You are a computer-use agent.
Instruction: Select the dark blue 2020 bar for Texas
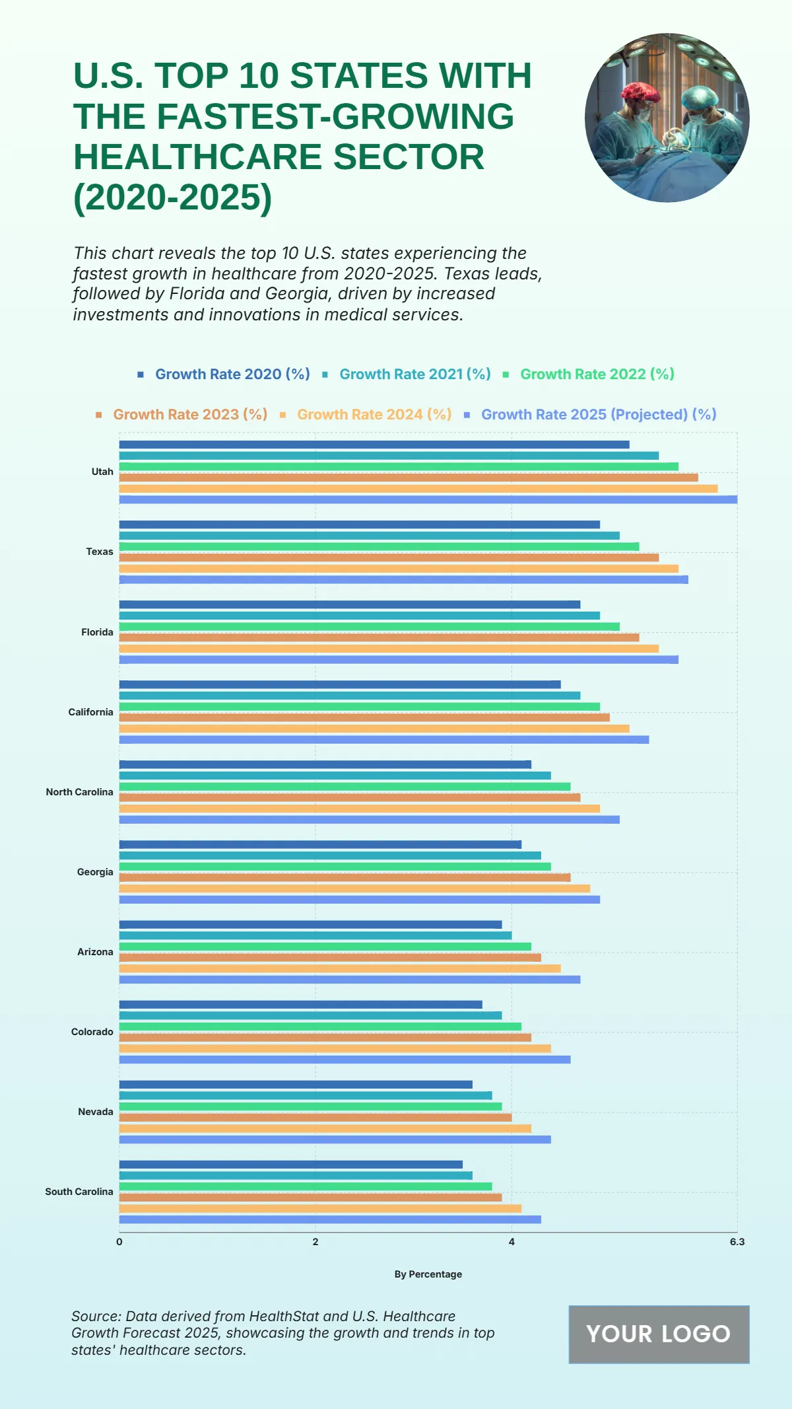click(359, 524)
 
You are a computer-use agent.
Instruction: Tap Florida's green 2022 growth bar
click(369, 626)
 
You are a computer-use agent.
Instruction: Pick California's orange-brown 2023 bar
click(364, 717)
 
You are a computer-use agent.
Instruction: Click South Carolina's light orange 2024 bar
click(320, 1208)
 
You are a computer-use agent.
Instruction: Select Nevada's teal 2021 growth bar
click(306, 1095)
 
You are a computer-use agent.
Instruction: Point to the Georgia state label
click(95, 872)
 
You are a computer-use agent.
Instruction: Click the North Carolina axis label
click(79, 792)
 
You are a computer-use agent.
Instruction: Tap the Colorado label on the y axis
click(92, 1032)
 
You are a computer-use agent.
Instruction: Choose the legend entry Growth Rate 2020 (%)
click(232, 375)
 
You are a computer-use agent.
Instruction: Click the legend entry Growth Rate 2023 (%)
click(189, 415)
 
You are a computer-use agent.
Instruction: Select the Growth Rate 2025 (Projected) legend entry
click(598, 415)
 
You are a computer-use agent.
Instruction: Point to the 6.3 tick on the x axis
click(737, 1242)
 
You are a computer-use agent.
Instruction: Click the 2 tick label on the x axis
click(315, 1242)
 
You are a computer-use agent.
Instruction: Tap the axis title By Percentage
click(428, 1274)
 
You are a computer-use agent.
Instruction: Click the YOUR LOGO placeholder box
click(659, 1334)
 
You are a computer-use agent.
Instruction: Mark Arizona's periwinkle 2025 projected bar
click(349, 980)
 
